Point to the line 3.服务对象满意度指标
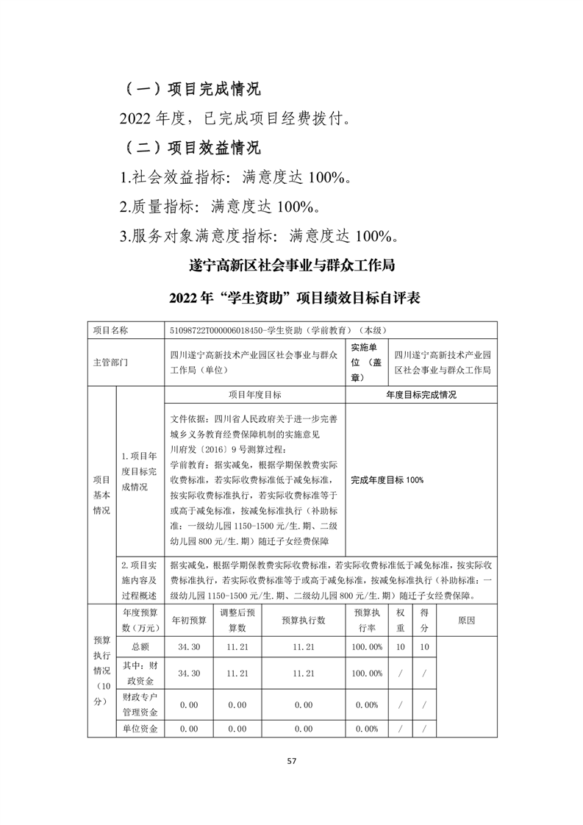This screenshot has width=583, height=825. pyautogui.click(x=260, y=236)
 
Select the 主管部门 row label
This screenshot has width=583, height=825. pyautogui.click(x=110, y=362)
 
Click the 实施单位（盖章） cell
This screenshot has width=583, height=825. pyautogui.click(x=365, y=362)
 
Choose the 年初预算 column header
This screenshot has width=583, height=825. pyautogui.click(x=189, y=620)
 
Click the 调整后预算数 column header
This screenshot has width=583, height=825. pyautogui.click(x=237, y=620)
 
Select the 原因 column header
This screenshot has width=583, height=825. pyautogui.click(x=466, y=620)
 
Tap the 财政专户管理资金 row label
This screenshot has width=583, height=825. pyautogui.click(x=140, y=703)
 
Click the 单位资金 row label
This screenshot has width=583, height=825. pyautogui.click(x=140, y=729)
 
